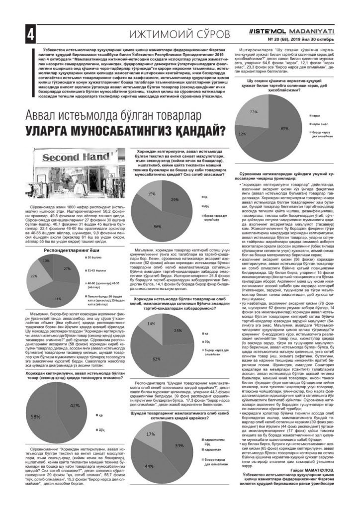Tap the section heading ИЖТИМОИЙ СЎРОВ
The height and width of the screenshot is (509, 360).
[x=179, y=34]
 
